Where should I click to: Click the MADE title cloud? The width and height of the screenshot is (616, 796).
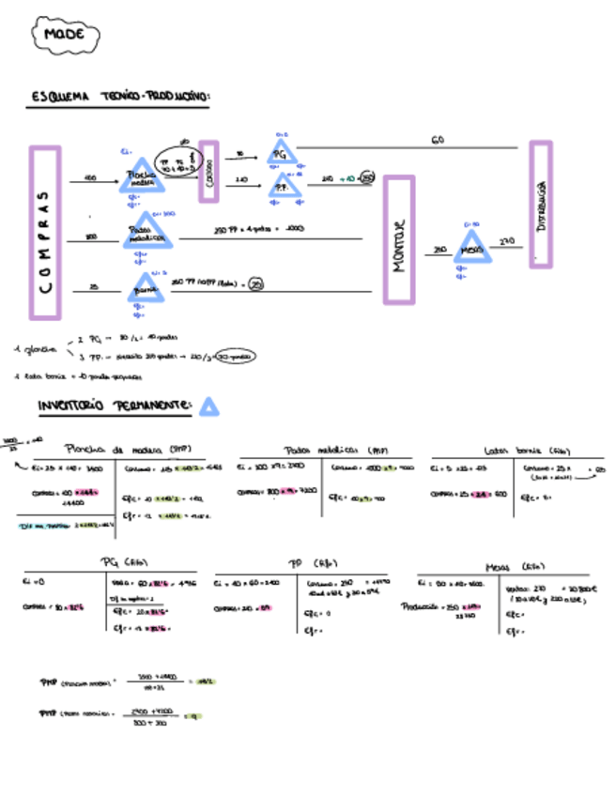[65, 36]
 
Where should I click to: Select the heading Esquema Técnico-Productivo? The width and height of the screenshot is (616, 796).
[119, 97]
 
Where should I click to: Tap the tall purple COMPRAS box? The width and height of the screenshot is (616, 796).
[44, 233]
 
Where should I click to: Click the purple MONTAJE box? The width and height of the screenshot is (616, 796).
[399, 239]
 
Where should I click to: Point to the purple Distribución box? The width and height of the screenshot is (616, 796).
[540, 205]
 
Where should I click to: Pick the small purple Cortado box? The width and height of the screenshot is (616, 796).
[208, 171]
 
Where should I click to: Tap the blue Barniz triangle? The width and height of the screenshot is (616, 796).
[146, 288]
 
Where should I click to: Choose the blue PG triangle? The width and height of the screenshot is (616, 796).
[282, 152]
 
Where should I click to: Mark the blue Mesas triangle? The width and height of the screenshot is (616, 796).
[471, 249]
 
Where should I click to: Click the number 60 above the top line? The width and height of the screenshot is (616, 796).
[438, 140]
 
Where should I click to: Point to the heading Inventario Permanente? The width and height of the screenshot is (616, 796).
[115, 406]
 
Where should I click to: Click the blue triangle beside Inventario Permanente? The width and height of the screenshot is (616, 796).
[208, 406]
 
